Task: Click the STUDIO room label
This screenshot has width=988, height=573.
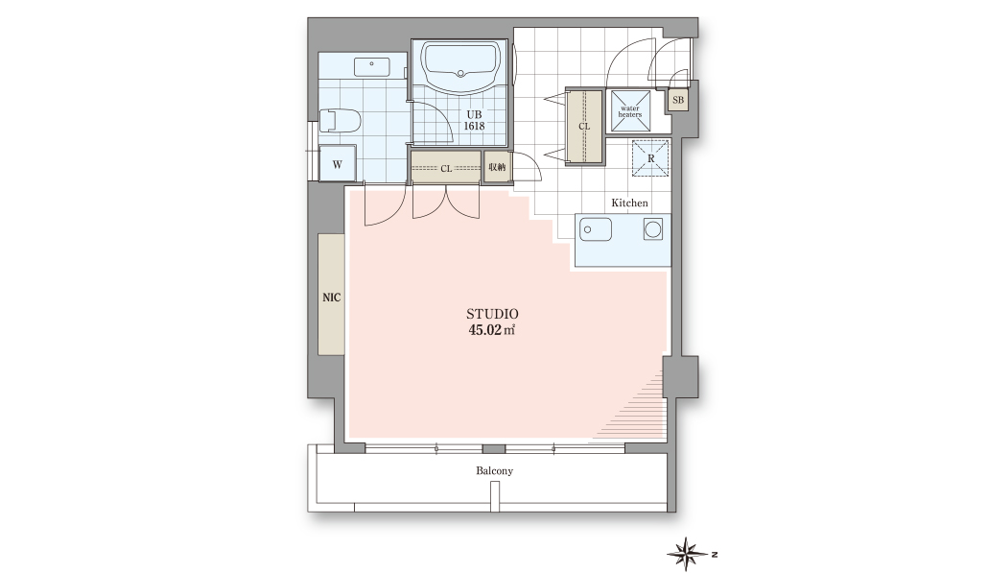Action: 492,314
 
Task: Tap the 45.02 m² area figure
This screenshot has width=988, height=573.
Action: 491,329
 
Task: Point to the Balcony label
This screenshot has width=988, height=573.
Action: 495,471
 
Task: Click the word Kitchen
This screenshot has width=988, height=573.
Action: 629,203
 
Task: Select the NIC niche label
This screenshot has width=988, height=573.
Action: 332,298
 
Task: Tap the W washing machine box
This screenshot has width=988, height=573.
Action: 337,164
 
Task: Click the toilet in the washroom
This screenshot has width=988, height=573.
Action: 340,120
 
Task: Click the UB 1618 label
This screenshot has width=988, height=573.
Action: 474,120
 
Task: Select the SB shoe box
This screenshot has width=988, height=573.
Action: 678,100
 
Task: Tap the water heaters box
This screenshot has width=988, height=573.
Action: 630,111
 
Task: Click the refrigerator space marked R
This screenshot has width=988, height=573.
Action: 651,158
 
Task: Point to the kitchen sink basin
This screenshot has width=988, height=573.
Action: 596,229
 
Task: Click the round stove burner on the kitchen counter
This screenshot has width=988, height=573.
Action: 653,229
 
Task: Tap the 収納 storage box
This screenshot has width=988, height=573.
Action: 497,167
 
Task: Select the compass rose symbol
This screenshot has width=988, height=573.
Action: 687,555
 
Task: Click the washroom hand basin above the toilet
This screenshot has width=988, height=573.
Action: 372,67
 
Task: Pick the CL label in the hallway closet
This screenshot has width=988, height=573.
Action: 584,127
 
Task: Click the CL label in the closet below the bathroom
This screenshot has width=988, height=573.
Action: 446,169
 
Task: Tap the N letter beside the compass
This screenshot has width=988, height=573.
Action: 715,555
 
